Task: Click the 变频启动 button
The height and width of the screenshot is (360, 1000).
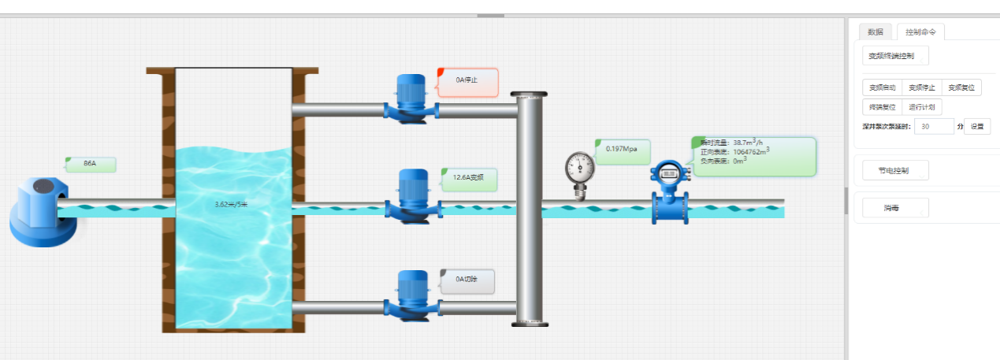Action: [882, 87]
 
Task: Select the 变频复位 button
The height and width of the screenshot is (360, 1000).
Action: [961, 87]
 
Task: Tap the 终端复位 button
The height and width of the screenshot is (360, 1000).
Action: [882, 107]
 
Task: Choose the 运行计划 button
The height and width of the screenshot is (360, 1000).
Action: [921, 107]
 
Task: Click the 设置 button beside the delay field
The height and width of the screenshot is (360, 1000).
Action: [977, 126]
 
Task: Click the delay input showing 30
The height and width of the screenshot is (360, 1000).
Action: [934, 126]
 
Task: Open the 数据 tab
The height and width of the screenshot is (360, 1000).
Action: [875, 32]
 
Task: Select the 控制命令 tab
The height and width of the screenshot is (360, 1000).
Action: [920, 32]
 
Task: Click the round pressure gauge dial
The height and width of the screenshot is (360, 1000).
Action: [581, 167]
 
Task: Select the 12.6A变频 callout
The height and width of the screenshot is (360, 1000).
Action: [469, 179]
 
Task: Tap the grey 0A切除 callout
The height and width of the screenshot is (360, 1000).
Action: [467, 280]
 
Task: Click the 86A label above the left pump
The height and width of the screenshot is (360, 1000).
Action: [91, 165]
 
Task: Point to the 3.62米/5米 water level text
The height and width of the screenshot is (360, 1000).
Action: [231, 204]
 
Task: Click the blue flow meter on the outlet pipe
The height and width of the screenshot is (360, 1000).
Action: [670, 191]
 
